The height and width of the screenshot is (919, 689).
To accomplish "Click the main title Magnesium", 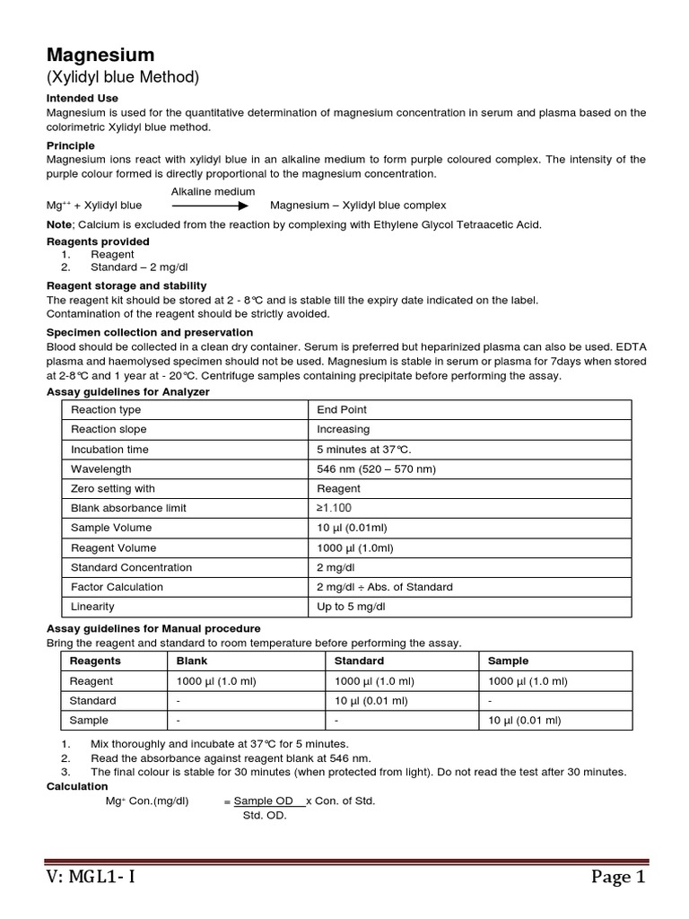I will point(100,56).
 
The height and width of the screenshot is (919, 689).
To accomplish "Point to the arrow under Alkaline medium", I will point(210,206).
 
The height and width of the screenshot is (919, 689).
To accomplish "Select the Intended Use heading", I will point(83,98).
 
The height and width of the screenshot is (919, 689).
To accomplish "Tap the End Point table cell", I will point(342,409).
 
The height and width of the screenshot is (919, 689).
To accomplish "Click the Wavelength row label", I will point(101,468).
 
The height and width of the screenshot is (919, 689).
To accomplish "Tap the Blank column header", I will point(194,661).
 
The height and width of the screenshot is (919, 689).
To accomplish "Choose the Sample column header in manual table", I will point(508,661).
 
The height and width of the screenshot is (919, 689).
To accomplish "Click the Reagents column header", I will point(96,661).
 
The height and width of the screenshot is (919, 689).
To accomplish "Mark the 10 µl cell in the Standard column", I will point(371,700).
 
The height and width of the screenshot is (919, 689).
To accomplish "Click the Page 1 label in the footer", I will point(617,877).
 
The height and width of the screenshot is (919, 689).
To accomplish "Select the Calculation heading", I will point(77,786).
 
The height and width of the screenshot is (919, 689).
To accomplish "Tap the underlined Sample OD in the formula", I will point(264,801).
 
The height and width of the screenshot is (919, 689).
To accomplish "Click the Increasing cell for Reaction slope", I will point(344,429).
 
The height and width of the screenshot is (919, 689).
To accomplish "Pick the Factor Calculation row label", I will point(118,587).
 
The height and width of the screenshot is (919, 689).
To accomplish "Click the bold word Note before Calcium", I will point(59,224).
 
